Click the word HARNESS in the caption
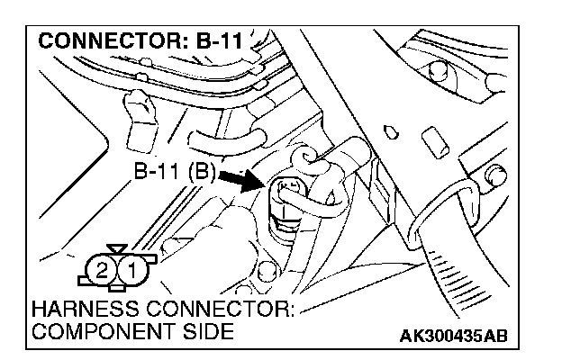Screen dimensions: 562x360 [82, 310]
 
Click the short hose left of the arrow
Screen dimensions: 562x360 [224, 139]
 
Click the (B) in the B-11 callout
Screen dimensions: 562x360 [200, 172]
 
